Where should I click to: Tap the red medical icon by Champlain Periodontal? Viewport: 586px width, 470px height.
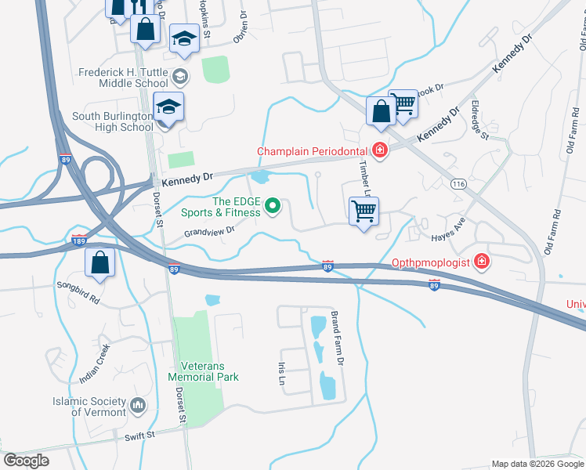point(380,150)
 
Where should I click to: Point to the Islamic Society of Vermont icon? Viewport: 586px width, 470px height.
point(139,405)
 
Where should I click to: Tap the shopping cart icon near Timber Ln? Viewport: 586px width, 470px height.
point(364,211)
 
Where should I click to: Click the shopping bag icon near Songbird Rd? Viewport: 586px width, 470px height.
point(101,263)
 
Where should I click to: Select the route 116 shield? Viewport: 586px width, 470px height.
point(459,183)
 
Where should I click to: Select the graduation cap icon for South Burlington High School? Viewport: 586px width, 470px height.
point(168,107)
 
